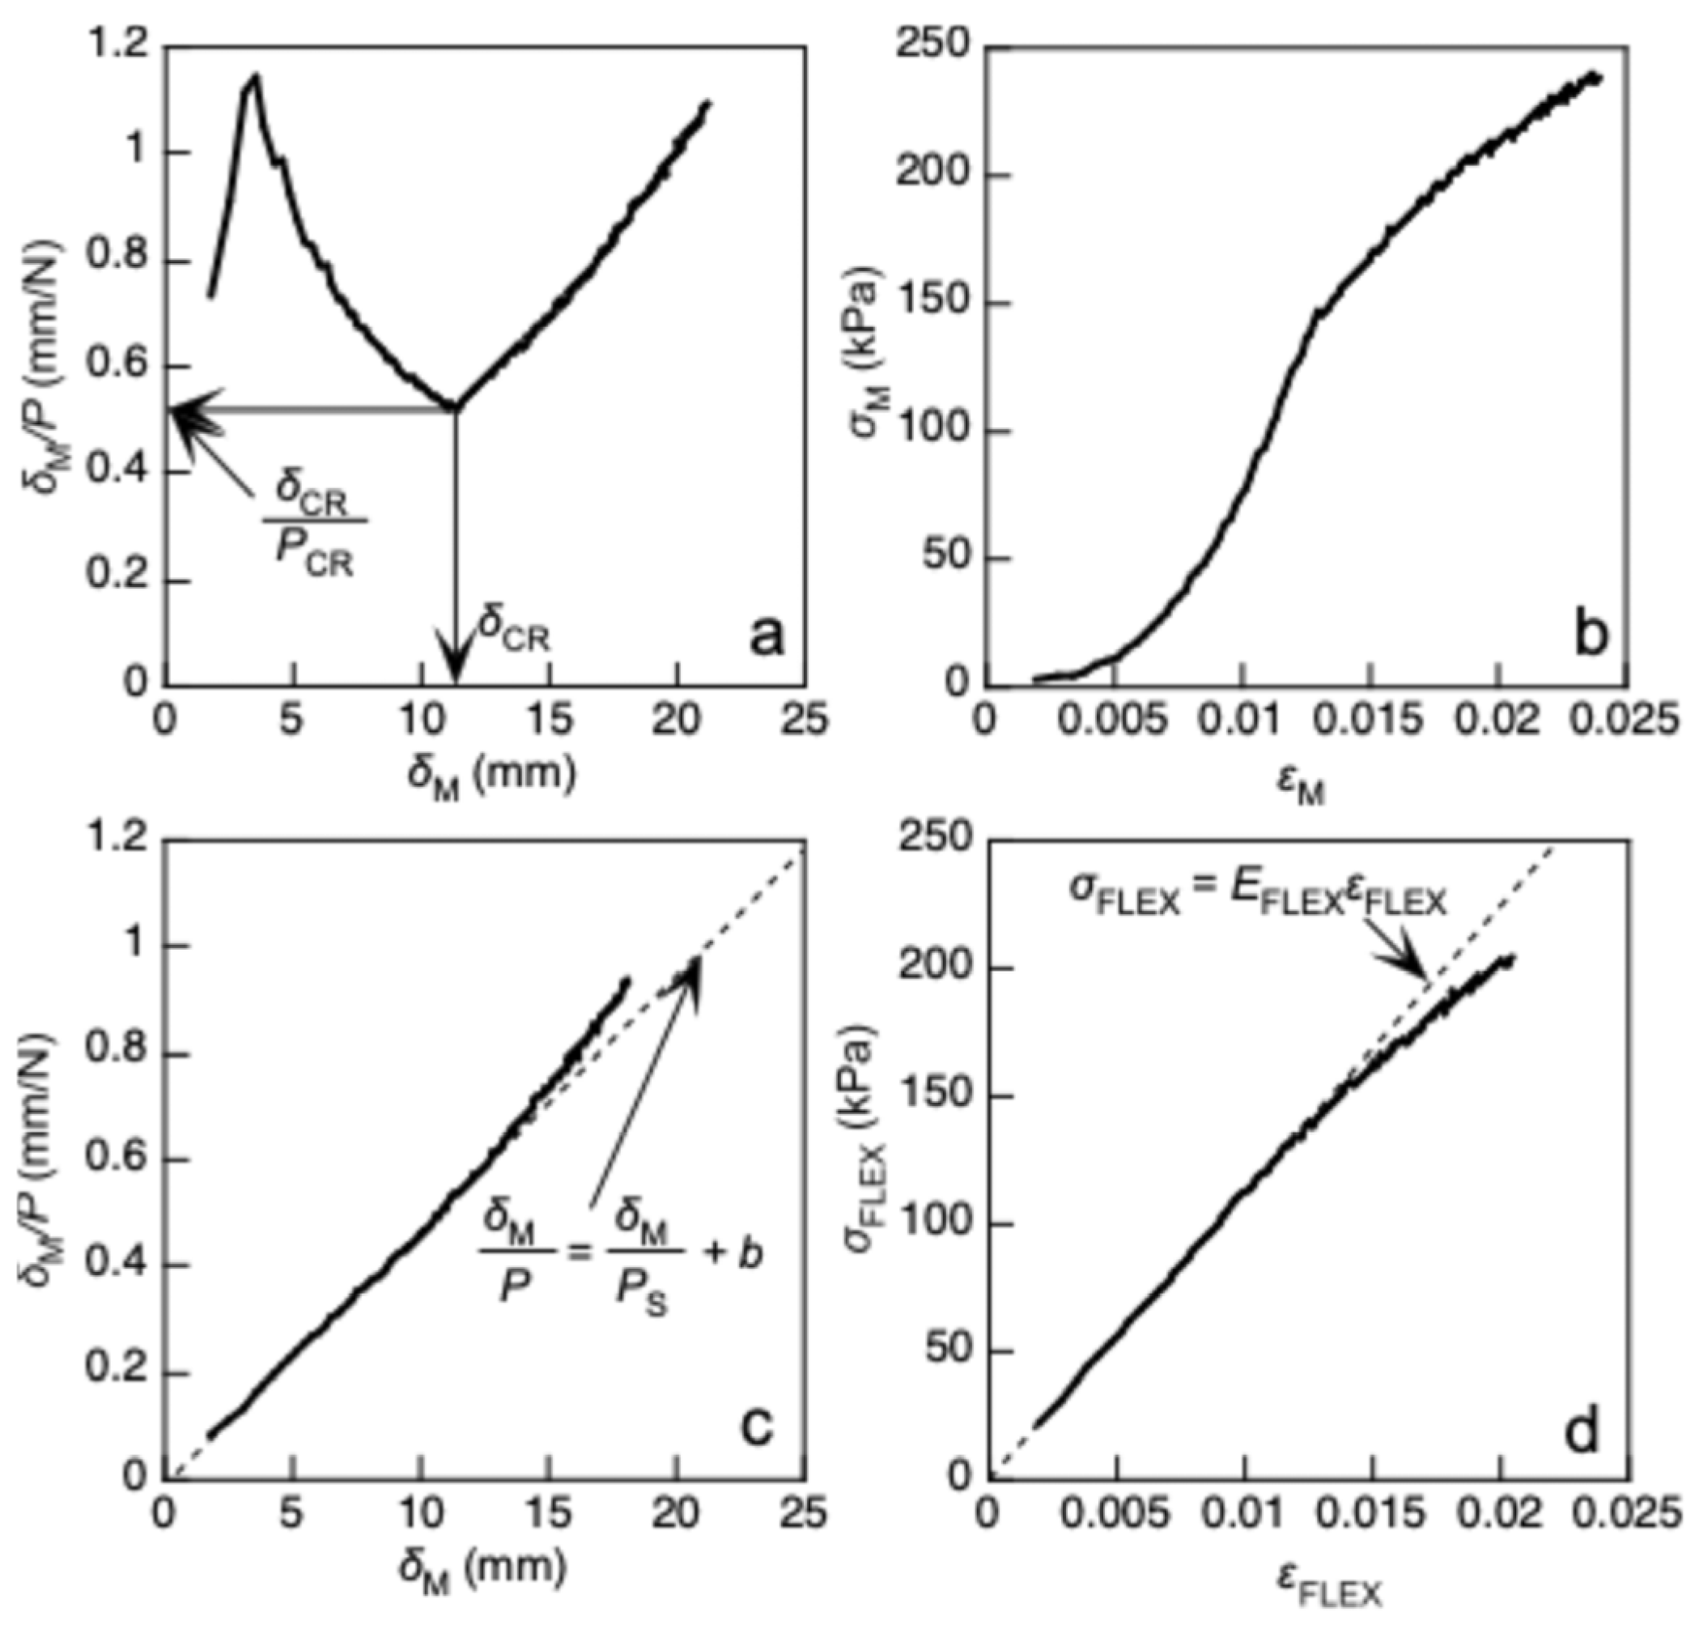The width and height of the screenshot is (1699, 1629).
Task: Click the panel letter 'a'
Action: pyautogui.click(x=765, y=637)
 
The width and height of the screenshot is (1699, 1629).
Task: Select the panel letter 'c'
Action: pyautogui.click(x=756, y=1426)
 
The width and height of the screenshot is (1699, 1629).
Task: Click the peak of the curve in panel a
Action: pyautogui.click(x=255, y=76)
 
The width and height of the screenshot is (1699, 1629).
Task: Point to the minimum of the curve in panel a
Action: pyautogui.click(x=453, y=406)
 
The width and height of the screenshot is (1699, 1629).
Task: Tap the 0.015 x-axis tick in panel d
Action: pyautogui.click(x=1371, y=1514)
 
